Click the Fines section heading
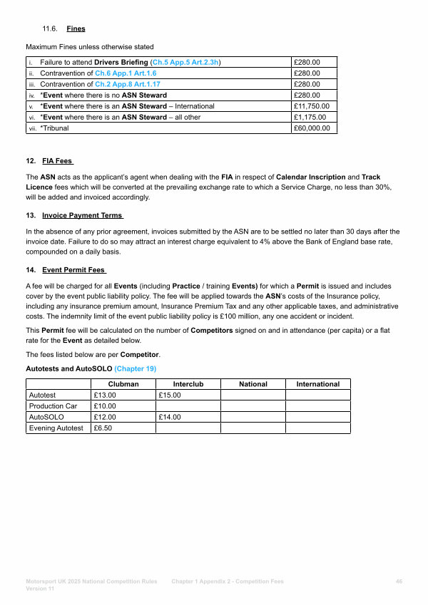tap(76, 29)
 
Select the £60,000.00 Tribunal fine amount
tap(312, 128)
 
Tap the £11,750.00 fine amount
tap(311, 106)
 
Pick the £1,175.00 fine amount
tap(310, 117)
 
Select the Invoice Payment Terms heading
tap(83, 215)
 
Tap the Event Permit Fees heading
tap(73, 270)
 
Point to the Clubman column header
tap(123, 384)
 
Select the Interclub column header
tap(188, 384)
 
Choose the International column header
tap(318, 384)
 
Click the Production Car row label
tap(53, 406)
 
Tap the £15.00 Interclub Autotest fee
tap(170, 395)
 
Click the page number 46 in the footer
tap(399, 581)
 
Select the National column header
tap(253, 384)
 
